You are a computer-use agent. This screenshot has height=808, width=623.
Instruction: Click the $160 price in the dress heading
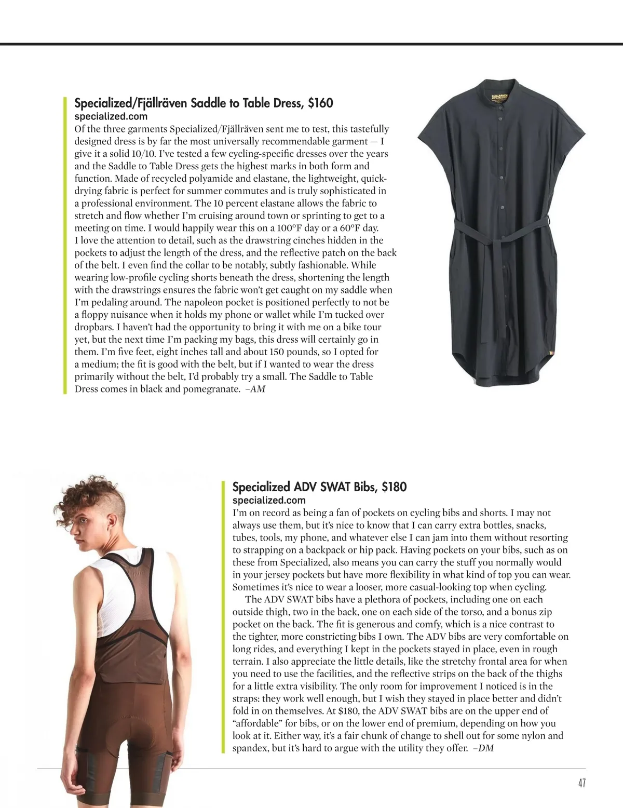(x=320, y=103)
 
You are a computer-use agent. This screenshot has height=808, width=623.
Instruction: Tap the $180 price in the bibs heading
(x=394, y=487)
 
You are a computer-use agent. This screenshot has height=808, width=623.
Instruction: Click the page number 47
(x=581, y=783)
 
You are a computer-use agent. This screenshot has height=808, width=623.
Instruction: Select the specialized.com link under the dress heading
(x=111, y=116)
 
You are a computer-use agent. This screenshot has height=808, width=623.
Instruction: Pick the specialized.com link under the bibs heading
(x=269, y=500)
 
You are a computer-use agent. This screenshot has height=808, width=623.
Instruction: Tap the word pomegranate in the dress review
(x=211, y=389)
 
